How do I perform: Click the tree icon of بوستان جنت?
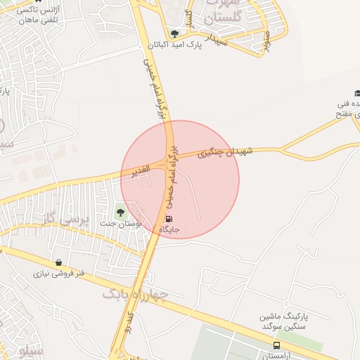coord(120,211)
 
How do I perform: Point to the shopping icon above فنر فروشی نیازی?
coord(58,262)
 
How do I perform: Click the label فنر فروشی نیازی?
coord(60,274)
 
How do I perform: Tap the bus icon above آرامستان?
coord(276,345)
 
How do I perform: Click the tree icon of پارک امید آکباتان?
coord(174,33)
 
